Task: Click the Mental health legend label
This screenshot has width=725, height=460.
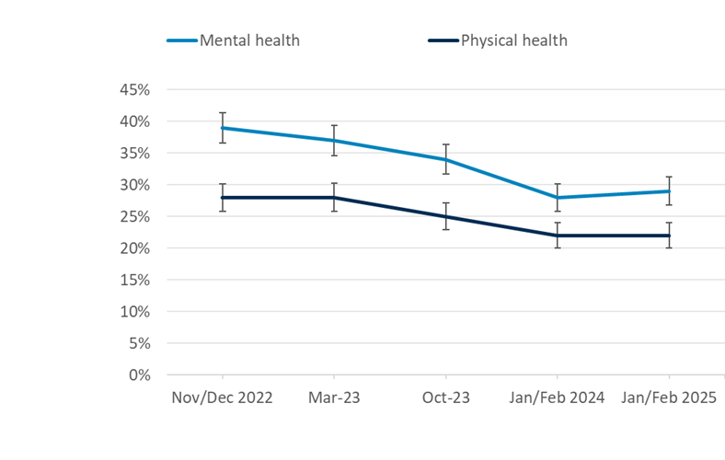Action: tap(249, 40)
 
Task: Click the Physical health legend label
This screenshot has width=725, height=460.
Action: tap(513, 40)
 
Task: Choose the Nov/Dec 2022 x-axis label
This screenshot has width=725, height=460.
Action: tap(223, 397)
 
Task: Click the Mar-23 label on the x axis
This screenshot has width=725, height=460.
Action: tap(334, 397)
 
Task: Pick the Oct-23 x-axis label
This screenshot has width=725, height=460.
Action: tap(445, 397)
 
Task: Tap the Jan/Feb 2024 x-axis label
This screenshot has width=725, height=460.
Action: tap(558, 397)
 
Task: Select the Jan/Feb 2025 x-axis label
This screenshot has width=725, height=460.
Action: tap(669, 397)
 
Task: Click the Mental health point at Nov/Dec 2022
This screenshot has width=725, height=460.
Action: tap(223, 128)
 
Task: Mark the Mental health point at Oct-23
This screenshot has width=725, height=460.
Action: tap(445, 159)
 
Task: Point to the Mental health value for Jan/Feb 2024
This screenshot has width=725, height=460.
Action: tap(558, 198)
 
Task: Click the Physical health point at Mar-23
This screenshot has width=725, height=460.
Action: tap(334, 198)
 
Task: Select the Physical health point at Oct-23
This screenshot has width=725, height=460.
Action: tap(445, 216)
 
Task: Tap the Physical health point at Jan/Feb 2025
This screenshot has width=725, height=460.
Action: tap(669, 236)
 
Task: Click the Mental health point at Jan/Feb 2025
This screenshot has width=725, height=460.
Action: tap(669, 191)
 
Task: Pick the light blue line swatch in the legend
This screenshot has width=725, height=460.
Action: tap(181, 40)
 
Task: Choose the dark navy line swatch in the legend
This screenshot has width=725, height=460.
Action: tap(443, 40)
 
